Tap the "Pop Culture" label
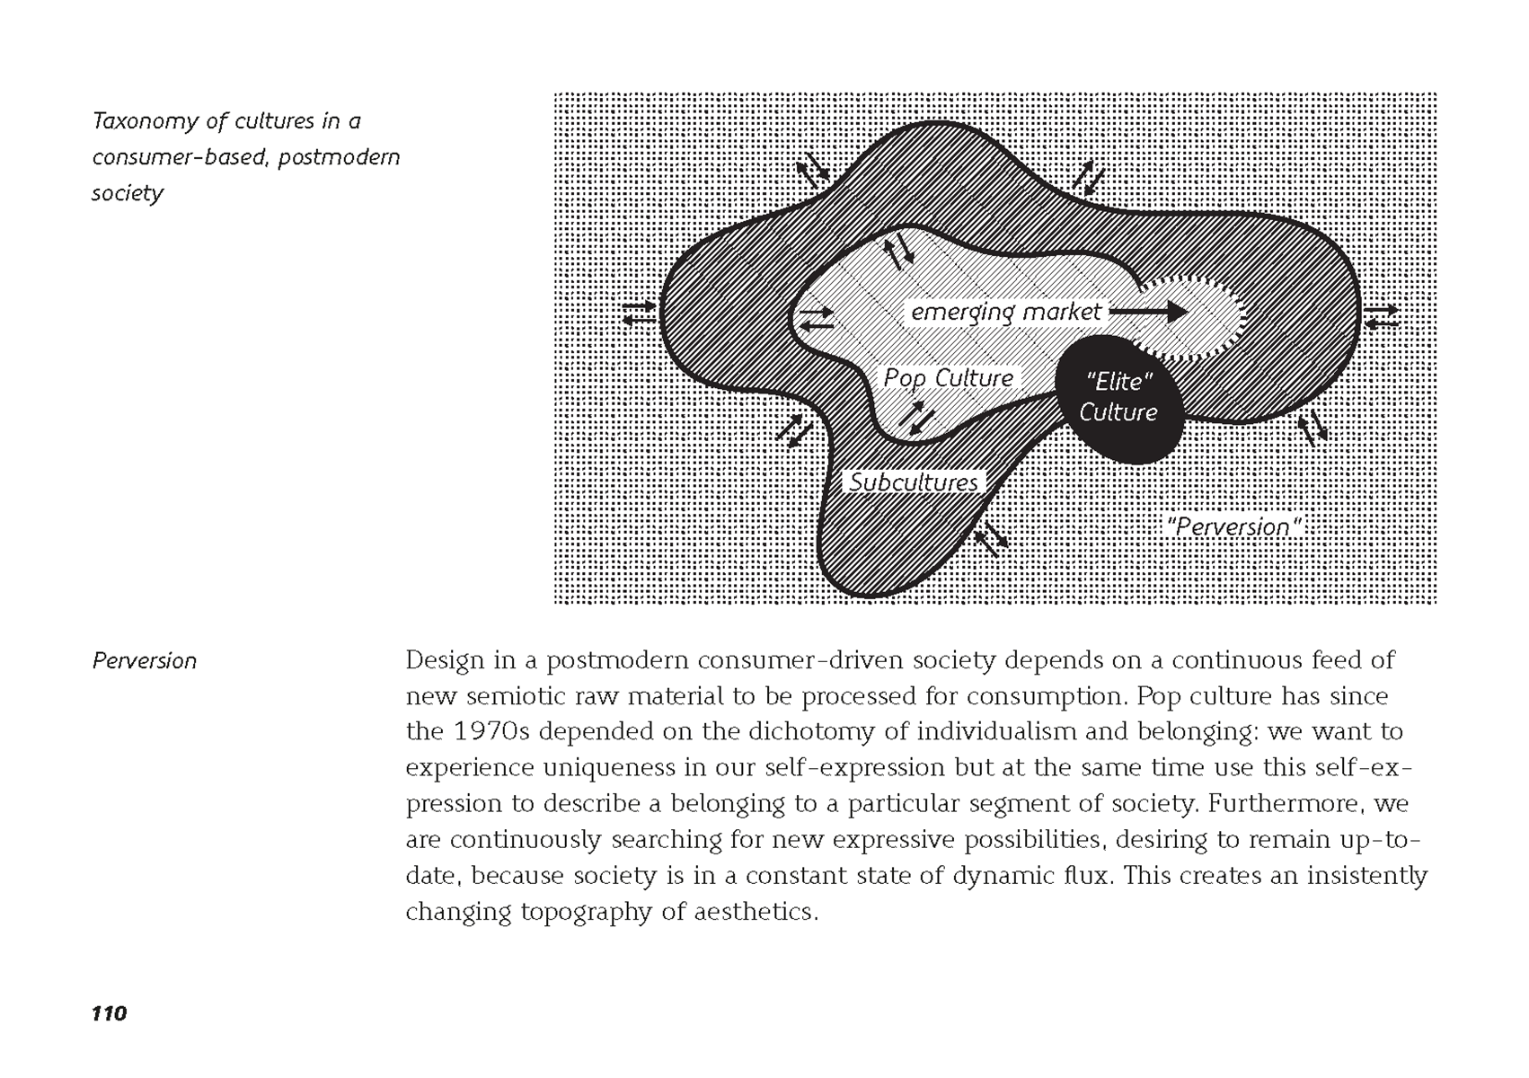(948, 378)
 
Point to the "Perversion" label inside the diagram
(1233, 526)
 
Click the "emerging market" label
(1005, 312)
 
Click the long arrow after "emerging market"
(1149, 312)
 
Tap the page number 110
(109, 1013)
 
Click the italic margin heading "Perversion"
(145, 661)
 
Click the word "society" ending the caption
(128, 193)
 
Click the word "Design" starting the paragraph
(446, 660)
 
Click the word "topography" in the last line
(587, 912)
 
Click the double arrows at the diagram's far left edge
(640, 314)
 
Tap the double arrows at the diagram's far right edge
(1382, 316)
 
